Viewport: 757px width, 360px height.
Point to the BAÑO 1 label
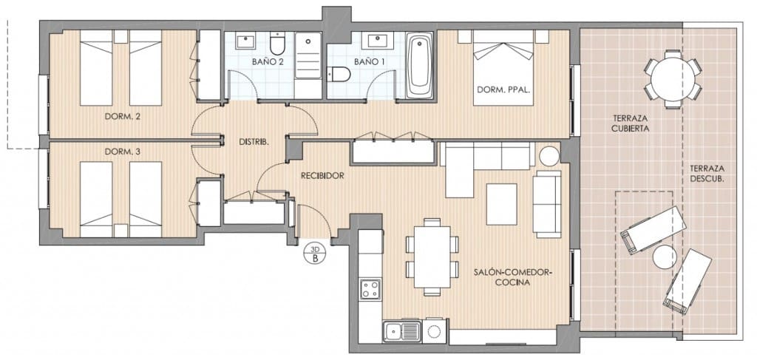369,62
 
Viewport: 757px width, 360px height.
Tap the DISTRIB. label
254,141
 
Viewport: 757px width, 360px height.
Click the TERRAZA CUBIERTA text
631,123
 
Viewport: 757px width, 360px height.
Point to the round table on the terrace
672,78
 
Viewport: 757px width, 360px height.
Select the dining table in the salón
432,256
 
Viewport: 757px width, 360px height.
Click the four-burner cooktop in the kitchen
370,289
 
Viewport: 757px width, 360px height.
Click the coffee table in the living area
502,203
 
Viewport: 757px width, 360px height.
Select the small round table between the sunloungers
664,257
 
